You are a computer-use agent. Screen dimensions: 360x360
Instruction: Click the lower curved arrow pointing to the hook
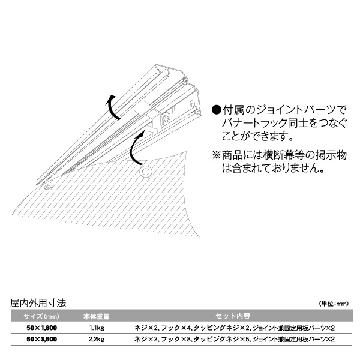point(132,149)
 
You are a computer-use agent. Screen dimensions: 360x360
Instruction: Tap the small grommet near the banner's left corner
point(48,186)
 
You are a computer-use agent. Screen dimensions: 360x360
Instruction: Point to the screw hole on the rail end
point(191,104)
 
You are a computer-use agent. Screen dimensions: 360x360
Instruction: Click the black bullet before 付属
point(217,110)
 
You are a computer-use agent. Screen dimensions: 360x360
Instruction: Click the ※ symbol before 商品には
point(216,155)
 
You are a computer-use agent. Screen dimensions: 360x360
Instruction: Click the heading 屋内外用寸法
point(38,303)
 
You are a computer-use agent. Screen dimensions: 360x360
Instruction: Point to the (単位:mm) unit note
point(334,304)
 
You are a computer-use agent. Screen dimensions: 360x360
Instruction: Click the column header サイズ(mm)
point(41,317)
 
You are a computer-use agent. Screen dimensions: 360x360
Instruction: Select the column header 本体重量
point(96,317)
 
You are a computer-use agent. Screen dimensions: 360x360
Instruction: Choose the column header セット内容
point(233,316)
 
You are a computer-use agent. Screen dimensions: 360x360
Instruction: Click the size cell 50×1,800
point(41,328)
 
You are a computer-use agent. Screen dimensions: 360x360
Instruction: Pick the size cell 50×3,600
point(41,340)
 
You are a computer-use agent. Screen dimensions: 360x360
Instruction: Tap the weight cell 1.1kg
point(97,328)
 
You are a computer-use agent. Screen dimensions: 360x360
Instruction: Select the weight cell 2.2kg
point(97,340)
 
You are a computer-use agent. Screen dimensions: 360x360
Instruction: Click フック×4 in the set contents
point(176,328)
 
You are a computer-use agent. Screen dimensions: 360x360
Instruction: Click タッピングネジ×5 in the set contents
point(221,340)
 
